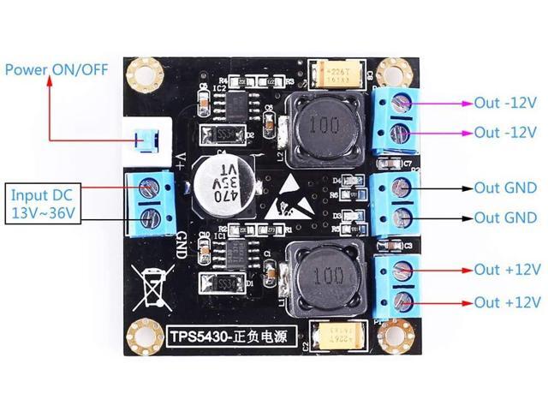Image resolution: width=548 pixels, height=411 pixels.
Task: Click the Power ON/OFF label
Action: click(x=57, y=68)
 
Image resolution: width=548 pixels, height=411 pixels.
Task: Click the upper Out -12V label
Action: click(x=505, y=104)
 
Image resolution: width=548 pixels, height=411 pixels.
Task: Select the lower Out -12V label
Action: click(x=505, y=133)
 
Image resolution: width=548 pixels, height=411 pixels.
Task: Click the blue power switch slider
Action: click(x=148, y=134)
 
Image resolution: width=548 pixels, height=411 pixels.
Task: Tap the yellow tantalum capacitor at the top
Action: click(x=341, y=74)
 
